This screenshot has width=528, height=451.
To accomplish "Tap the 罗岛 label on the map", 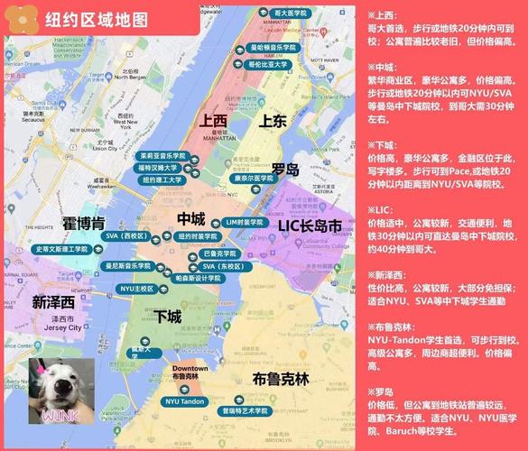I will coord(285,169).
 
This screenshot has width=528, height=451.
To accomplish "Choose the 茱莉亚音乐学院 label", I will coord(163,155).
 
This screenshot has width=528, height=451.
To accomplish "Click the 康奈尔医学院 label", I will coord(254,178).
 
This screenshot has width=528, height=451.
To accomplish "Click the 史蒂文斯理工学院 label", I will coord(61,249).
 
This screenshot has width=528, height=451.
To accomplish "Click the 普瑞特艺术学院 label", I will coord(245,410).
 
